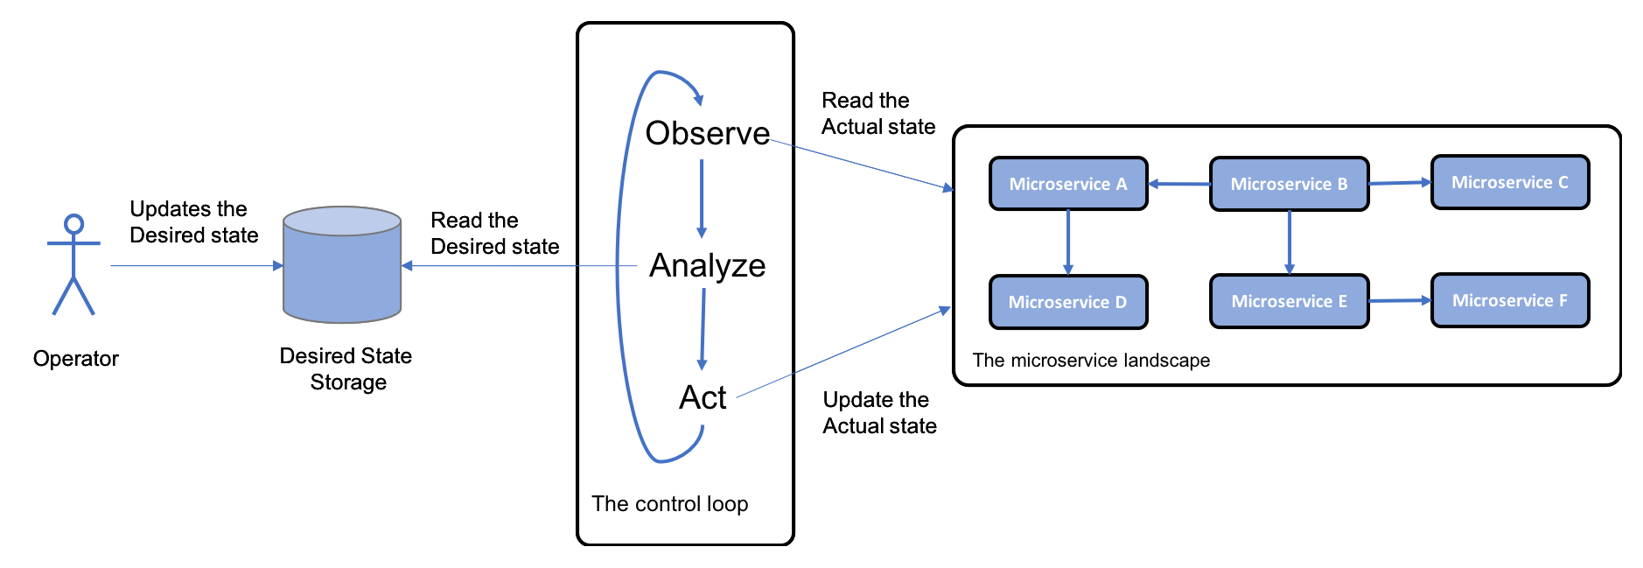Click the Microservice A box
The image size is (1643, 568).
[1068, 184]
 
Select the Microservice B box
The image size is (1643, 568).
[1290, 184]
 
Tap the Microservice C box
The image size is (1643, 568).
[1510, 182]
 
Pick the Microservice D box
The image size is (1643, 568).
[1068, 302]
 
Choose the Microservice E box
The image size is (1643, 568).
[1290, 301]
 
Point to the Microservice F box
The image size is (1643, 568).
[1510, 300]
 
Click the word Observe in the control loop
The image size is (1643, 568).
[708, 133]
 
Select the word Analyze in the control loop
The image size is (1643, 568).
[708, 265]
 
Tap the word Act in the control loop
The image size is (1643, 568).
[703, 397]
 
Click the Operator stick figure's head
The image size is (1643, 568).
[74, 224]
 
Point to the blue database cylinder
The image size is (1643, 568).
[342, 264]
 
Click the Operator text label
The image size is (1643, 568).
[76, 359]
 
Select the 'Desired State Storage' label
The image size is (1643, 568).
[346, 369]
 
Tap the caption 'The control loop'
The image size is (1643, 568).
[670, 504]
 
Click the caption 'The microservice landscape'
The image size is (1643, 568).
[1092, 361]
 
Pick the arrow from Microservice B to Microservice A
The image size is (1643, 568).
[1179, 184]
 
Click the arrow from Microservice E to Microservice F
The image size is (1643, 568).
[1400, 300]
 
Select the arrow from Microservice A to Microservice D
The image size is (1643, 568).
[1068, 242]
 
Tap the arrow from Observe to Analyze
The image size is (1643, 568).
[702, 199]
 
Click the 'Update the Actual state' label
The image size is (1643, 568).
[880, 413]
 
